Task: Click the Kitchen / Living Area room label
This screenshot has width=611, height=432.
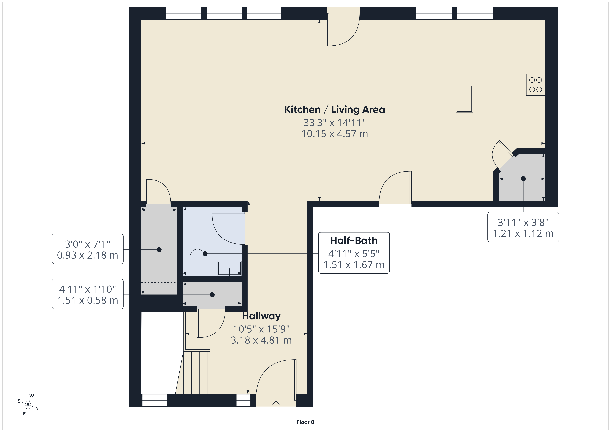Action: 334,109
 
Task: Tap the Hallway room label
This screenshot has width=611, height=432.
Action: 261,316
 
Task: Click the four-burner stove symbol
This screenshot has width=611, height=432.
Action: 535,85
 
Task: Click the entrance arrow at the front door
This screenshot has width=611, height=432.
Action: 276,405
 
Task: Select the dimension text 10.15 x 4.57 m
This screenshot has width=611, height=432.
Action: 334,134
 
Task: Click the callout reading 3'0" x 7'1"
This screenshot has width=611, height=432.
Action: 88,249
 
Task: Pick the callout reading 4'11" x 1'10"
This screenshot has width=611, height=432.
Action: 88,294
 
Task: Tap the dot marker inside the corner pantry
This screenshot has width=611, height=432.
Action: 523,179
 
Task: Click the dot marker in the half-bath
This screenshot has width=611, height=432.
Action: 205,254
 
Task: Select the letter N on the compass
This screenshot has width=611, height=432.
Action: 37,409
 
